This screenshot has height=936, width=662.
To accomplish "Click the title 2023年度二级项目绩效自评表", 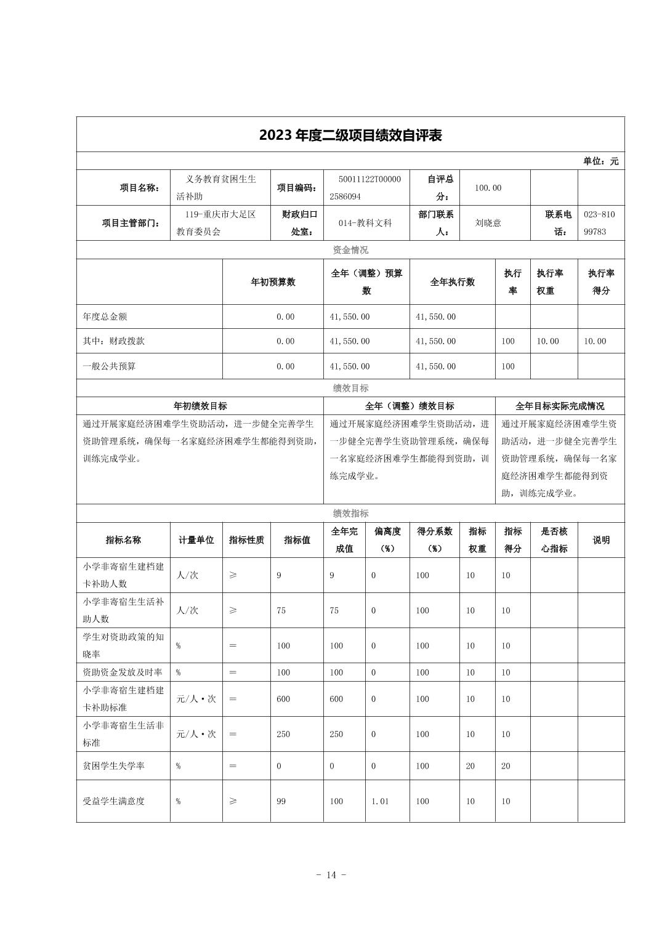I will click(x=350, y=135).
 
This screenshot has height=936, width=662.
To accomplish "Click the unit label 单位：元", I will click(x=600, y=161).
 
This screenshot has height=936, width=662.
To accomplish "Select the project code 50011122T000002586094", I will click(x=368, y=188).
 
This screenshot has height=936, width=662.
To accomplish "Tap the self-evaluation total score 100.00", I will click(x=488, y=188).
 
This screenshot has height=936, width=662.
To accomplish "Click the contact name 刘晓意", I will click(x=488, y=223).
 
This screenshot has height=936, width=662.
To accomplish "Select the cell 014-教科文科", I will click(x=365, y=223).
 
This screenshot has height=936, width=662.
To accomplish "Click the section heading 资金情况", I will click(x=350, y=249).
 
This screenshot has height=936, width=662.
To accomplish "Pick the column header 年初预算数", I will click(x=273, y=282).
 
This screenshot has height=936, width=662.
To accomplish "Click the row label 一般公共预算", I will click(x=109, y=366).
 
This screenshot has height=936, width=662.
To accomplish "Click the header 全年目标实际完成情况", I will click(x=559, y=406).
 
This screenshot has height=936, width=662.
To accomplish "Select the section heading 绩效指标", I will click(x=350, y=513).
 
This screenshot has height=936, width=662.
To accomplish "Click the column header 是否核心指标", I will click(x=554, y=539).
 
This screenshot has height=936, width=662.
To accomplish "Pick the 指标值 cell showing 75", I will click(x=281, y=610).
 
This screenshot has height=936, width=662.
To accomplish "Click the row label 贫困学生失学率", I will click(x=114, y=766).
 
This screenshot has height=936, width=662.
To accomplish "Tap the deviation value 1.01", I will click(x=380, y=801).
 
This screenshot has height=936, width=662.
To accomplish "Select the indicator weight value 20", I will click(x=470, y=766).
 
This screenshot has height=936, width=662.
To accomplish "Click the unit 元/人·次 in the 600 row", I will click(x=196, y=699).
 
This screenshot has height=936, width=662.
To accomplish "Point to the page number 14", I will click(x=331, y=875).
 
